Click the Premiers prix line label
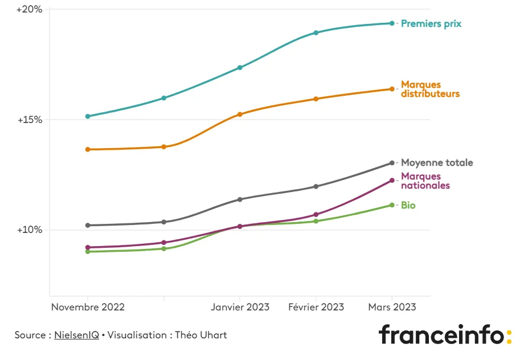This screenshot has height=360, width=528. click(431, 24)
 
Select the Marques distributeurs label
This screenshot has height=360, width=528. click(430, 89)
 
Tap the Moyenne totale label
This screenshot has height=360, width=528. click(437, 163)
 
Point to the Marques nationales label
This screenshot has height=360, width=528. click(425, 181)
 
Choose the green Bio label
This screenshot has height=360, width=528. click(408, 205)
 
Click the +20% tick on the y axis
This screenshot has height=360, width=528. click(29, 10)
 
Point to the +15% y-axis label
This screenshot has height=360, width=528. click(29, 120)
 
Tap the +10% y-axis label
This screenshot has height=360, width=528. click(29, 230)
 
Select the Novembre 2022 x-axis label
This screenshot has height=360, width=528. click(88, 307)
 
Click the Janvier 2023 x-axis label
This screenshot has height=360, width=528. click(240, 307)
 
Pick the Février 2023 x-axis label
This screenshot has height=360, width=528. click(316, 307)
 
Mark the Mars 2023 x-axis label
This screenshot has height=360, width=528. click(392, 307)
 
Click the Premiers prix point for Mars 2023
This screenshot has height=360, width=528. click(392, 23)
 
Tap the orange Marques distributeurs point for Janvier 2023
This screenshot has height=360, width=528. click(240, 114)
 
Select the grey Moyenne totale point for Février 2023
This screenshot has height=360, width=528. click(316, 186)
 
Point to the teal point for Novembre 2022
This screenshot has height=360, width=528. click(88, 116)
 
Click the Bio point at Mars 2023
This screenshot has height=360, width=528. click(392, 205)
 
